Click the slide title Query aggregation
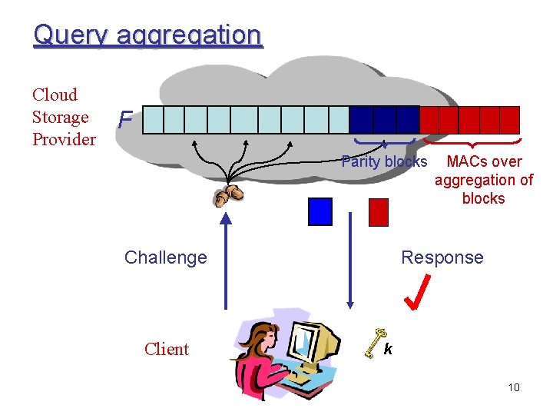pyautogui.click(x=147, y=35)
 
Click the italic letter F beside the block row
pyautogui.click(x=125, y=121)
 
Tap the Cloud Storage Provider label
pyautogui.click(x=64, y=117)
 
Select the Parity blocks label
pyautogui.click(x=384, y=161)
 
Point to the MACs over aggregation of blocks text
pyautogui.click(x=484, y=180)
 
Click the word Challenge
pyautogui.click(x=165, y=257)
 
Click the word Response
pyautogui.click(x=442, y=257)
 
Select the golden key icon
pyautogui.click(x=373, y=341)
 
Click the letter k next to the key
pyautogui.click(x=389, y=350)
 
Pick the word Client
pyautogui.click(x=166, y=349)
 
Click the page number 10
pyautogui.click(x=514, y=387)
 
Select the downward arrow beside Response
pyautogui.click(x=351, y=261)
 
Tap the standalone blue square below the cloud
pyautogui.click(x=320, y=211)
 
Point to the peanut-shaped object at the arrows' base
pyautogui.click(x=228, y=194)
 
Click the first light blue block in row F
pyautogui.click(x=154, y=121)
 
